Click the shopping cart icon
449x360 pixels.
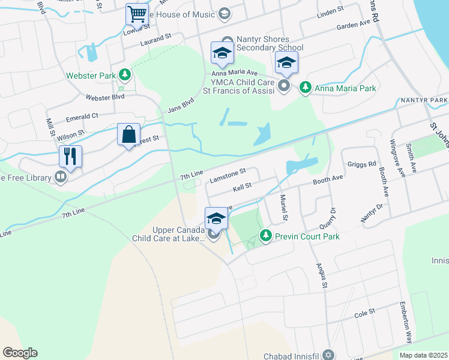point(137,14)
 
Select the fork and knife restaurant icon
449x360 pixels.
point(70,157)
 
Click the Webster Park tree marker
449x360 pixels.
point(125,75)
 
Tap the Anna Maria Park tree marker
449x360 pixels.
point(305,88)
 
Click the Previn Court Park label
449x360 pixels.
point(307,236)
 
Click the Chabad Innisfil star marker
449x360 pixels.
point(328,355)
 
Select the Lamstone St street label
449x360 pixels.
point(228,175)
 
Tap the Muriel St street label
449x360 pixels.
point(283,208)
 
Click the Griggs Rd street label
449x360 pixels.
point(362,164)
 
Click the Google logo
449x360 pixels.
point(20,353)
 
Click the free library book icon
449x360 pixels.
point(60,177)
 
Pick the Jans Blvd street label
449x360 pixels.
point(181,104)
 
